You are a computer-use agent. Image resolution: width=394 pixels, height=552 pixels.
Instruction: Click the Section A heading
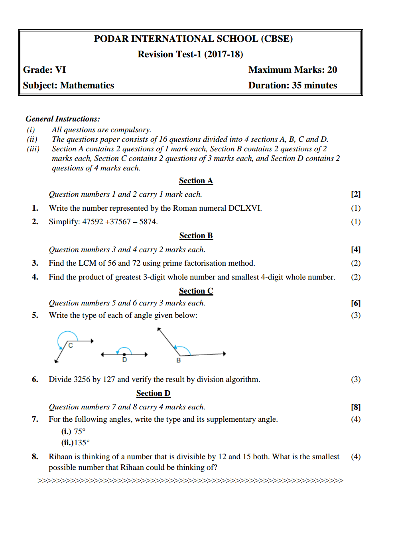tap(196, 181)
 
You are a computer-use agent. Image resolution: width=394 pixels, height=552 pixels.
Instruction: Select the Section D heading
tap(153, 393)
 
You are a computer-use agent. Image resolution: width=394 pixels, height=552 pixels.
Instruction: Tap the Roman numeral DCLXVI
tap(244, 208)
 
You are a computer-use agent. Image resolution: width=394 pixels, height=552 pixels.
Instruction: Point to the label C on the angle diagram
tap(71, 345)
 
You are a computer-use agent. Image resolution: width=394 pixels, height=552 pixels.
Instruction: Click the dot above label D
tap(124, 354)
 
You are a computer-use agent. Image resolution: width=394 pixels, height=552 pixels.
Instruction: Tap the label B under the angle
tap(178, 360)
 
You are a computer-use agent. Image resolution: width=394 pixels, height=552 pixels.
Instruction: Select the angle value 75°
tap(80, 432)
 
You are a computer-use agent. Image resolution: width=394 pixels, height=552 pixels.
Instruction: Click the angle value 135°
tap(82, 443)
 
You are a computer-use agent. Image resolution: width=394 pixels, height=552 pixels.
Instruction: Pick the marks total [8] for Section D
tap(356, 407)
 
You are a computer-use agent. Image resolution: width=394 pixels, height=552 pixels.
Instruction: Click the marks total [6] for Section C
tap(356, 303)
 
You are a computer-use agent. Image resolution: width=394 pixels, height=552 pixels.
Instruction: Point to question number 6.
tap(35, 380)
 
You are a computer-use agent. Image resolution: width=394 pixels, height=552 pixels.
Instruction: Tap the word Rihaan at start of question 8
tap(60, 457)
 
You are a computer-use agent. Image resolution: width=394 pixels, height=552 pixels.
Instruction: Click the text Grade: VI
tap(45, 70)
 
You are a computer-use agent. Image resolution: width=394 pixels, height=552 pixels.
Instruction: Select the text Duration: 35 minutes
tap(292, 86)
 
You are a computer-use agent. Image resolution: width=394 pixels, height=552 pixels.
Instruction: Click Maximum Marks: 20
tap(292, 70)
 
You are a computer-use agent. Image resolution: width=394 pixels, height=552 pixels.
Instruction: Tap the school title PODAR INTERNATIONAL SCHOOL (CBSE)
tap(193, 39)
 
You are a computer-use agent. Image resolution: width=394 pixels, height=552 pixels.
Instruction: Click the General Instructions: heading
tap(63, 119)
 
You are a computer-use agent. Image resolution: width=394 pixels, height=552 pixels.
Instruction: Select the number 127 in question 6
tap(109, 380)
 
